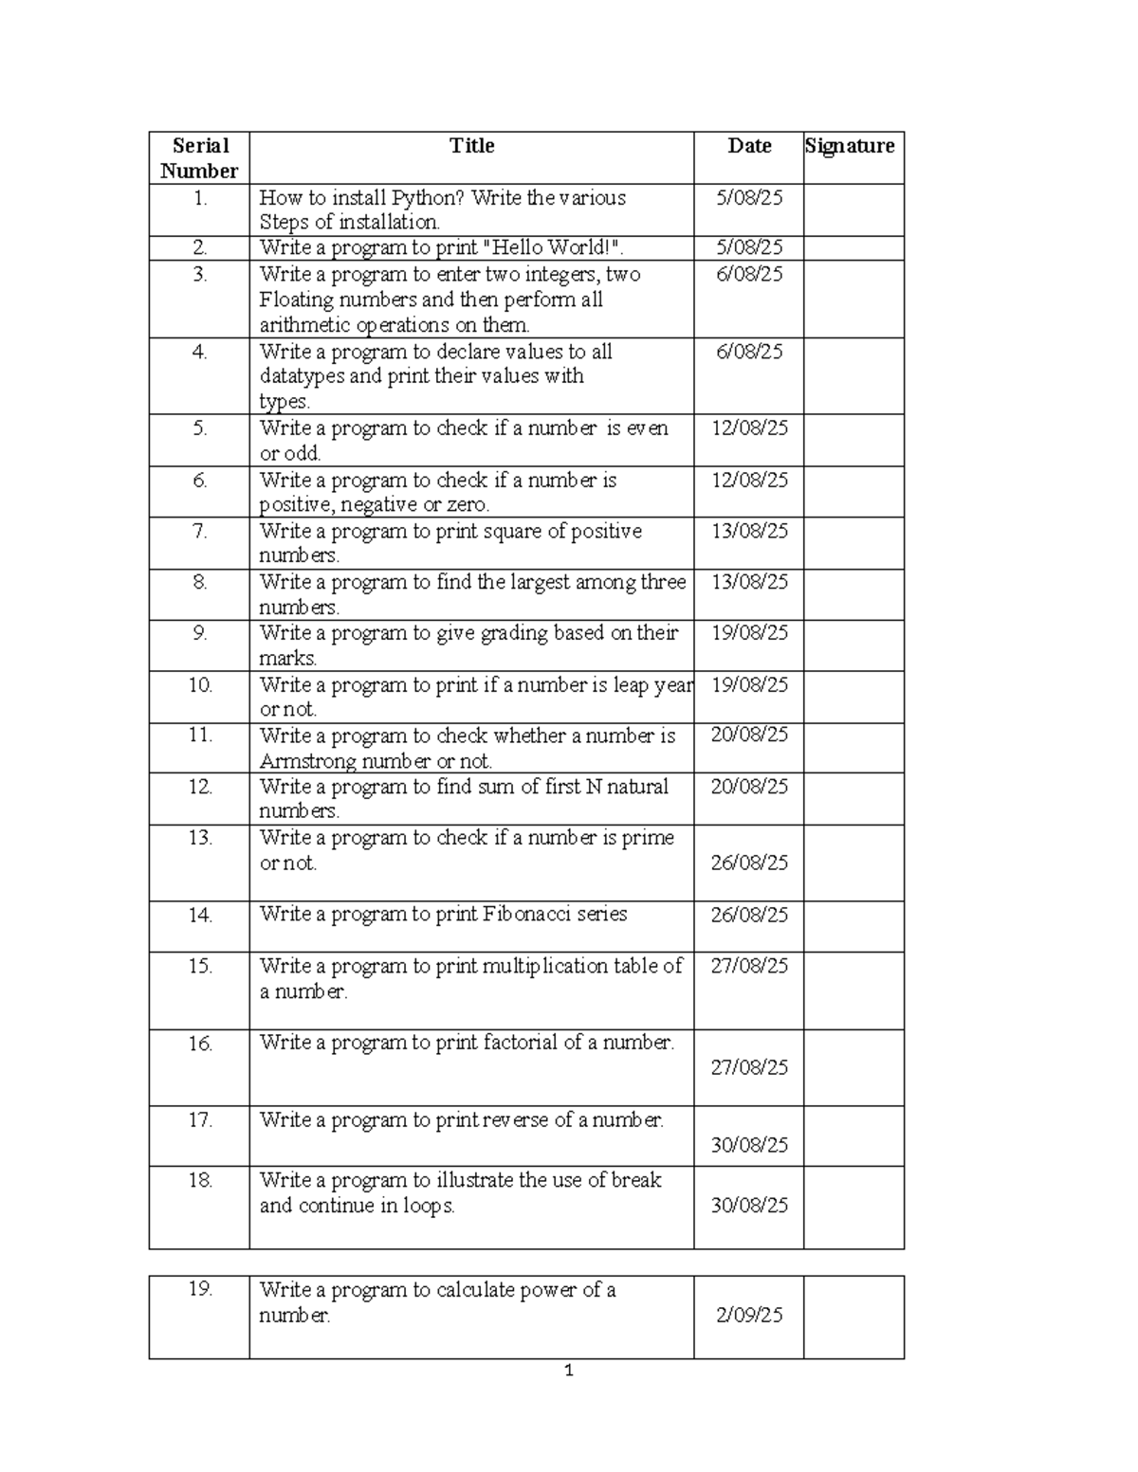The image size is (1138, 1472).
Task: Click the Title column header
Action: tap(471, 146)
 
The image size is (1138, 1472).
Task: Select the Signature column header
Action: tap(850, 146)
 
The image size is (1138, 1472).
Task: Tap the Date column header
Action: tap(749, 146)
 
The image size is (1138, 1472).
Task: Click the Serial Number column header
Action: tap(199, 158)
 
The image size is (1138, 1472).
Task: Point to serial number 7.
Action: tap(199, 531)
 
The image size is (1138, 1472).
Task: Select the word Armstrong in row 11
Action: tap(297, 761)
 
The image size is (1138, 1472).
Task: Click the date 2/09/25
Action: tap(749, 1315)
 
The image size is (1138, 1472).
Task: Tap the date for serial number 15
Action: tap(749, 966)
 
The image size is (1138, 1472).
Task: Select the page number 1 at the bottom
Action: tap(569, 1371)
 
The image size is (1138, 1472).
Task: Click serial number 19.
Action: tap(199, 1289)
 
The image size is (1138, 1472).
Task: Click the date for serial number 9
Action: tap(749, 633)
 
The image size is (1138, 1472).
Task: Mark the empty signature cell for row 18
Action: tap(853, 1207)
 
